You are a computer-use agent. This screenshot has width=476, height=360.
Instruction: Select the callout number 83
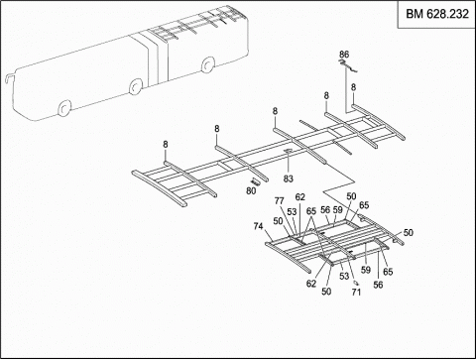pyautogui.click(x=289, y=179)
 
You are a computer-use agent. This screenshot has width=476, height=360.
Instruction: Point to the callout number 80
pyautogui.click(x=250, y=190)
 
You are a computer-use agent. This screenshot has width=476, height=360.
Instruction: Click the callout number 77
pyautogui.click(x=280, y=201)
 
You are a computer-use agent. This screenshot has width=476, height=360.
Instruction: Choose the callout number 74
pyautogui.click(x=258, y=226)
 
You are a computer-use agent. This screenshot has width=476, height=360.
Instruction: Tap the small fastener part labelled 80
pyautogui.click(x=256, y=180)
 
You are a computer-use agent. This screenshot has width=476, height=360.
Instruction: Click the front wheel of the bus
pyautogui.click(x=65, y=108)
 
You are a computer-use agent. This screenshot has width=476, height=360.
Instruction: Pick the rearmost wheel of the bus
pyautogui.click(x=208, y=66)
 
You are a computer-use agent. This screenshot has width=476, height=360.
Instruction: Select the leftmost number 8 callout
pyautogui.click(x=166, y=145)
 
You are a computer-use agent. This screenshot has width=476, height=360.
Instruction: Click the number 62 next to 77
pyautogui.click(x=300, y=197)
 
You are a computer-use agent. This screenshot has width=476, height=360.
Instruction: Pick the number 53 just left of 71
pyautogui.click(x=344, y=276)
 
